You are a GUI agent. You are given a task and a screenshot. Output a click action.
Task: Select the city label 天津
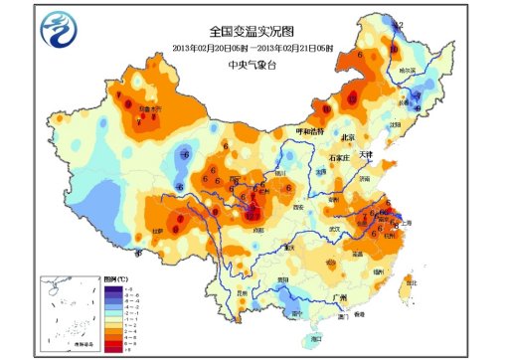pos(367,154)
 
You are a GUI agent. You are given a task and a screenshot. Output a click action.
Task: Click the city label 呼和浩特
pos(307,131)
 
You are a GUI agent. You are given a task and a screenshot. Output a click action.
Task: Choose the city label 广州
pos(341,296)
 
